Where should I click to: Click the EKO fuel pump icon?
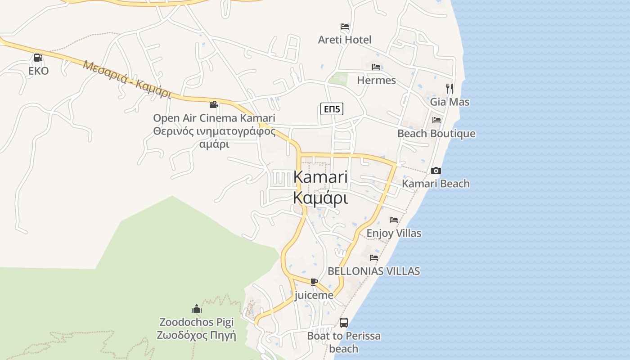click(x=38, y=58)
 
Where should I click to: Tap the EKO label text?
click(x=38, y=71)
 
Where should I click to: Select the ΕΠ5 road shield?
click(x=332, y=108)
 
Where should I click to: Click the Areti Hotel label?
click(x=345, y=40)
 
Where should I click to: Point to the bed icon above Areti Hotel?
click(x=345, y=27)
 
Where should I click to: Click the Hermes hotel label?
click(x=376, y=80)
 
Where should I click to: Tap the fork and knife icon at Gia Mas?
click(x=449, y=88)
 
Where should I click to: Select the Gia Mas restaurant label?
click(x=450, y=102)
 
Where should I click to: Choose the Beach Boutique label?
click(x=436, y=133)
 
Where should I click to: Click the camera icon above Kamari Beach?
click(x=436, y=171)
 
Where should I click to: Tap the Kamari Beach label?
click(x=436, y=184)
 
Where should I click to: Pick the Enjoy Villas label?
click(x=394, y=233)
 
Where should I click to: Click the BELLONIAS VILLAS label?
click(x=374, y=271)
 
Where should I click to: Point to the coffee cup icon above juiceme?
click(x=314, y=282)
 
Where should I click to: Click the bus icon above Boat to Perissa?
click(x=344, y=322)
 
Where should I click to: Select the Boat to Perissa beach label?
click(x=344, y=342)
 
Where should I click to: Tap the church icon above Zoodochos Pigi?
click(x=197, y=309)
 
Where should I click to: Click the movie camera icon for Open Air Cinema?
click(x=214, y=104)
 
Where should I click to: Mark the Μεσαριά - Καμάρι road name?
click(x=127, y=79)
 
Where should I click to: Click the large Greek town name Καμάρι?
click(x=320, y=198)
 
